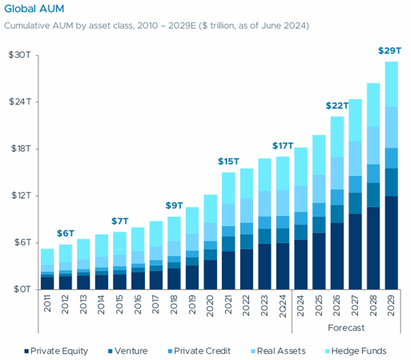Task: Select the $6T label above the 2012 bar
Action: click(66, 234)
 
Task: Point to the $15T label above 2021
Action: click(229, 161)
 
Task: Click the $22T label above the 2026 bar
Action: click(337, 106)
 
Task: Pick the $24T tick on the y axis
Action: click(19, 102)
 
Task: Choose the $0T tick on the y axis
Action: click(21, 290)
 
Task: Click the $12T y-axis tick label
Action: click(19, 196)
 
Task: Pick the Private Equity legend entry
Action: click(56, 351)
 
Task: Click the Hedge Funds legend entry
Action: click(358, 351)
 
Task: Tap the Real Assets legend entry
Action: click(280, 351)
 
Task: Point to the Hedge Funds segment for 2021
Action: click(229, 188)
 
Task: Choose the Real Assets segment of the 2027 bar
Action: click(356, 159)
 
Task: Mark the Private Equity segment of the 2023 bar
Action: click(264, 267)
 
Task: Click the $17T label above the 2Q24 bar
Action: click(282, 146)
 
